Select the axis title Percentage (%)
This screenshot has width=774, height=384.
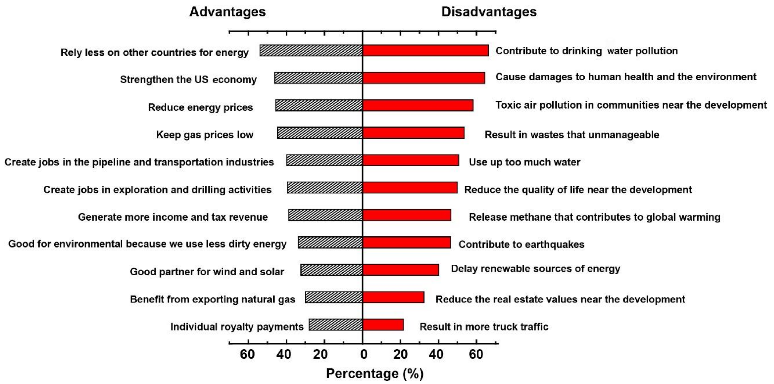click(x=374, y=374)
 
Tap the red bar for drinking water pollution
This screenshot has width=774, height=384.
click(x=425, y=50)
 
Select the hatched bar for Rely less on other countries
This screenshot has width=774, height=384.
click(x=311, y=50)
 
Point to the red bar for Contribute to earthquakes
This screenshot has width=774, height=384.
click(x=406, y=242)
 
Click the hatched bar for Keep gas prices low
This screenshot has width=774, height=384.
click(x=320, y=133)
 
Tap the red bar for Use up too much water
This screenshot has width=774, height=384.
click(x=410, y=160)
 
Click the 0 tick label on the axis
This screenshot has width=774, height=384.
click(x=364, y=355)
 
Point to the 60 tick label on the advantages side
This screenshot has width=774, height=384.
click(x=247, y=355)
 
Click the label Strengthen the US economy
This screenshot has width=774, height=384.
click(x=188, y=80)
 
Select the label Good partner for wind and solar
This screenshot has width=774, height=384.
click(x=207, y=272)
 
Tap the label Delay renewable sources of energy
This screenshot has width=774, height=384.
click(x=535, y=269)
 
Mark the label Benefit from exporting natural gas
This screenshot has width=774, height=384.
click(x=212, y=299)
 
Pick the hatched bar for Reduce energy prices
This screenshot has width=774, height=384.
click(x=319, y=105)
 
